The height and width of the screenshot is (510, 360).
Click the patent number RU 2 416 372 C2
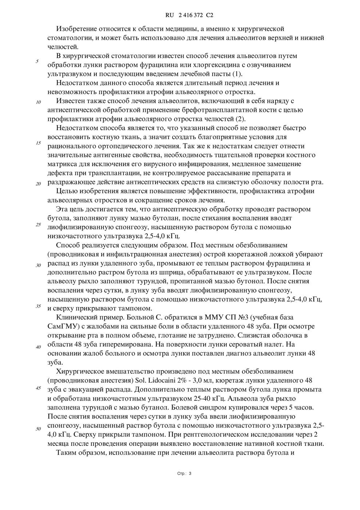click(x=189, y=15)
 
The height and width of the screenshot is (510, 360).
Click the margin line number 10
click(x=38, y=102)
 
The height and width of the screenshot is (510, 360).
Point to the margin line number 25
click(x=38, y=224)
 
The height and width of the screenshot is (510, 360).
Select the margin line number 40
click(x=38, y=347)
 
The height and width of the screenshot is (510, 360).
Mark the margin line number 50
click(x=38, y=428)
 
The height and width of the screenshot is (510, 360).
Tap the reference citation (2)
click(x=240, y=119)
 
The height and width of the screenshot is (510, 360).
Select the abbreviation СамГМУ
click(x=61, y=326)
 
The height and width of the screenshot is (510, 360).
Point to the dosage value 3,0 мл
click(x=204, y=380)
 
